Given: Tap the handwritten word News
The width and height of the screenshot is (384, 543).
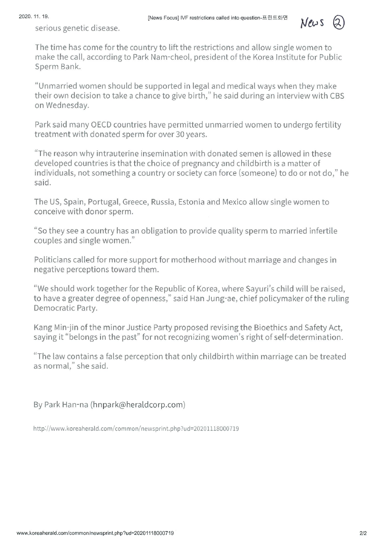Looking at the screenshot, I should pos(315,23).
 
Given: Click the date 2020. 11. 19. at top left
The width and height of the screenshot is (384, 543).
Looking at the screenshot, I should pos(34,17).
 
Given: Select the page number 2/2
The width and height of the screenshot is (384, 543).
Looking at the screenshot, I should pos(363,533).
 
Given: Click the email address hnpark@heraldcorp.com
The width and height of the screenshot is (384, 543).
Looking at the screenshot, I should pos(138,405).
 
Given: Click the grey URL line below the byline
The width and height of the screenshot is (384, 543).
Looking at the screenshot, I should pos(136,429).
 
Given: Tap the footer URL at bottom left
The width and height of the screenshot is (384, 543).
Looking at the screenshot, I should pos(95,533).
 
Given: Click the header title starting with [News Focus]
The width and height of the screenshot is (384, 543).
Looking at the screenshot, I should pos(217,18).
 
